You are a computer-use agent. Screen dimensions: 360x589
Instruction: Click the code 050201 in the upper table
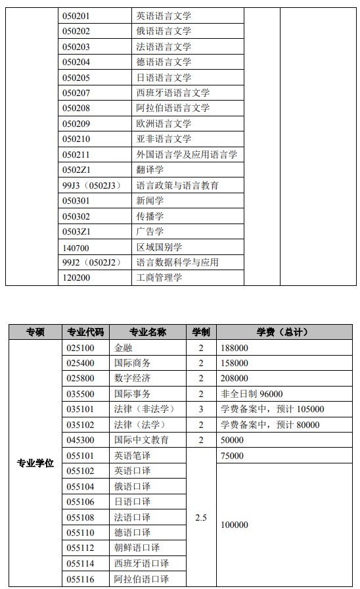(x=76, y=16)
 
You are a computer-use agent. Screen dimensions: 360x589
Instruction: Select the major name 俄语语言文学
(x=164, y=32)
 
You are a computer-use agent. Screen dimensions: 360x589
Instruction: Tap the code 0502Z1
(x=76, y=170)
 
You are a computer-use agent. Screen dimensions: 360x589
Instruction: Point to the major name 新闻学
(x=150, y=200)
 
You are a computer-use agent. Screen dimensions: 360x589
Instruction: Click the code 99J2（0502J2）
(x=93, y=262)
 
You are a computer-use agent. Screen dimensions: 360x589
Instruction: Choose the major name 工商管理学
(x=159, y=277)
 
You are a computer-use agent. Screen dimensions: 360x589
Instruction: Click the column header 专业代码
(x=85, y=332)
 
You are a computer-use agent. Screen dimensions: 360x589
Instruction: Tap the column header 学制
(x=201, y=332)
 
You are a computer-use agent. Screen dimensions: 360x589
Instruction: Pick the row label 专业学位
(x=35, y=463)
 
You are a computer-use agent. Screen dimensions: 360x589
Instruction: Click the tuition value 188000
(x=235, y=348)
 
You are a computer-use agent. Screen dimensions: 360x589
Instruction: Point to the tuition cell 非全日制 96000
(x=252, y=394)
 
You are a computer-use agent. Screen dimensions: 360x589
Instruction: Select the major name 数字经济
(x=132, y=379)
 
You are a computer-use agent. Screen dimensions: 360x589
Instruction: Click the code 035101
(x=80, y=409)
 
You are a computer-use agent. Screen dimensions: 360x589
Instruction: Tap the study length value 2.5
(x=201, y=517)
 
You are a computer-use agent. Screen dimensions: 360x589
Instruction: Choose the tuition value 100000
(x=235, y=525)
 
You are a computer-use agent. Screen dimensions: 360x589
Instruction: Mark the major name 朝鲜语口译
(x=137, y=548)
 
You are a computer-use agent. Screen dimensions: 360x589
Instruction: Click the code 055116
(x=80, y=579)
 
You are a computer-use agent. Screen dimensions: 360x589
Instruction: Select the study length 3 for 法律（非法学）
(x=201, y=409)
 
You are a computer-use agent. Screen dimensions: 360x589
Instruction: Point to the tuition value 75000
(x=233, y=456)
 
